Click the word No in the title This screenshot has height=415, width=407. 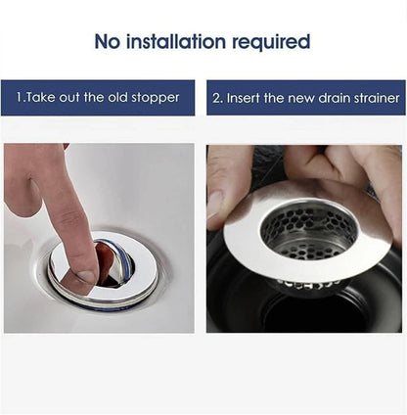point(110,41)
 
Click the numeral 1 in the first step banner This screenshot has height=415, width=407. point(19,98)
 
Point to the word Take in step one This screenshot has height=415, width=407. point(42,98)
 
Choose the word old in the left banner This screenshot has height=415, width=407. point(119,98)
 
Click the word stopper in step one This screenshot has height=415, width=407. point(158,98)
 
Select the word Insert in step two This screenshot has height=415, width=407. point(248,98)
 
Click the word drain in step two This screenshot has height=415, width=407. point(336,98)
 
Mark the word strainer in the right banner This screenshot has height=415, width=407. point(376,98)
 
